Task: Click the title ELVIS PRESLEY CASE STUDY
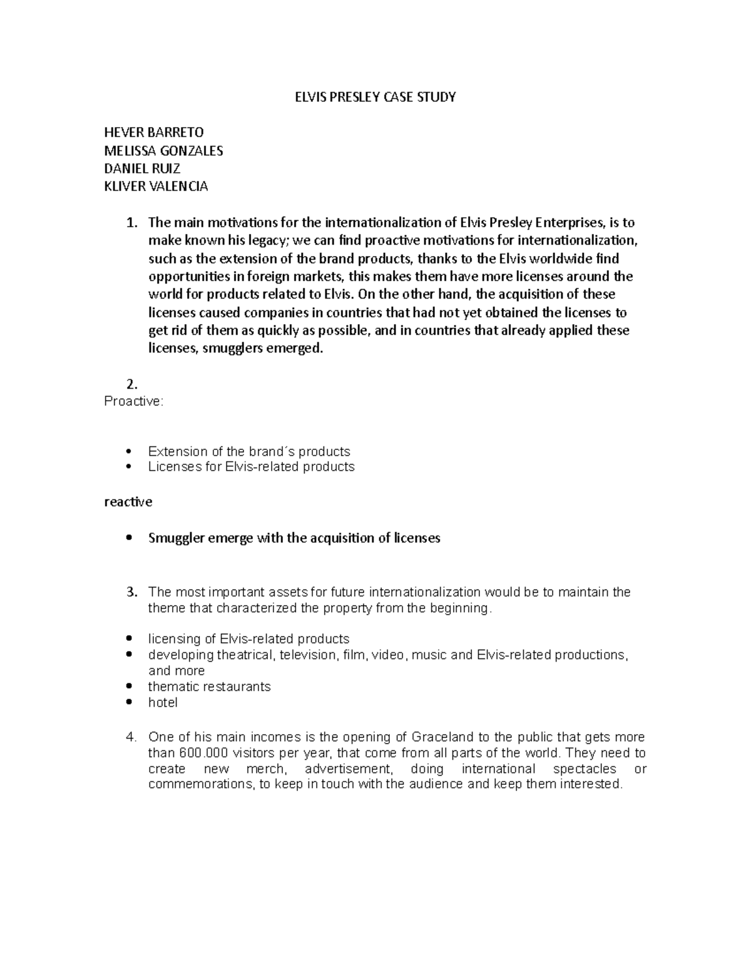coord(375,97)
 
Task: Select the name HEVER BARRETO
coord(153,133)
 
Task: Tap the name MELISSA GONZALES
coord(163,151)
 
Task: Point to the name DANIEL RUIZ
coord(142,168)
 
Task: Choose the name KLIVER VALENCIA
coord(156,187)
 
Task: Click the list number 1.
coord(130,223)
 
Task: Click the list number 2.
coord(131,384)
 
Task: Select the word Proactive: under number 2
coord(133,401)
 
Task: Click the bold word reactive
coord(128,502)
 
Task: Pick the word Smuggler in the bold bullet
coord(176,538)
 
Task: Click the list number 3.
coord(131,592)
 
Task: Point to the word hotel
coord(163,703)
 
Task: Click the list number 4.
coord(131,737)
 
